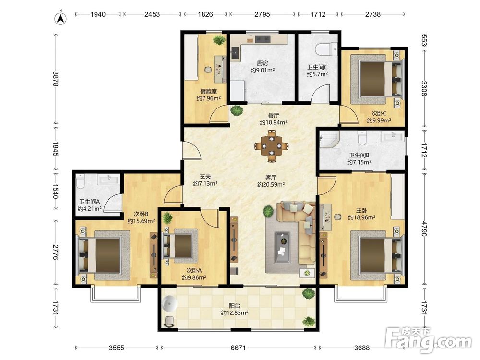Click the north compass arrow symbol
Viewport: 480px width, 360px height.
click(60, 18)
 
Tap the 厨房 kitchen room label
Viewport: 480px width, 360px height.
click(263, 63)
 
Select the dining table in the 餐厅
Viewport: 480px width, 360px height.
click(272, 146)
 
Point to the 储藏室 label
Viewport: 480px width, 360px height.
click(208, 91)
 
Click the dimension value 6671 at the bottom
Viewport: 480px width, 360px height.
click(238, 348)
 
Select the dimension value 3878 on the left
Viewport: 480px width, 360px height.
click(55, 79)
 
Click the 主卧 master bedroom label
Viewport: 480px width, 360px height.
click(361, 210)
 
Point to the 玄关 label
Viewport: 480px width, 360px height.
click(205, 176)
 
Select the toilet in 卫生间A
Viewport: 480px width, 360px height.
click(80, 181)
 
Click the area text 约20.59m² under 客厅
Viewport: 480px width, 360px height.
click(271, 185)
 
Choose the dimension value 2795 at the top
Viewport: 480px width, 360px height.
click(263, 14)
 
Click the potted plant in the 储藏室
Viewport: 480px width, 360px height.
click(219, 39)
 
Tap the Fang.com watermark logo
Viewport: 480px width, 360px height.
click(429, 340)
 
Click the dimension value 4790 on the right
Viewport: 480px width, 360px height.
click(424, 228)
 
